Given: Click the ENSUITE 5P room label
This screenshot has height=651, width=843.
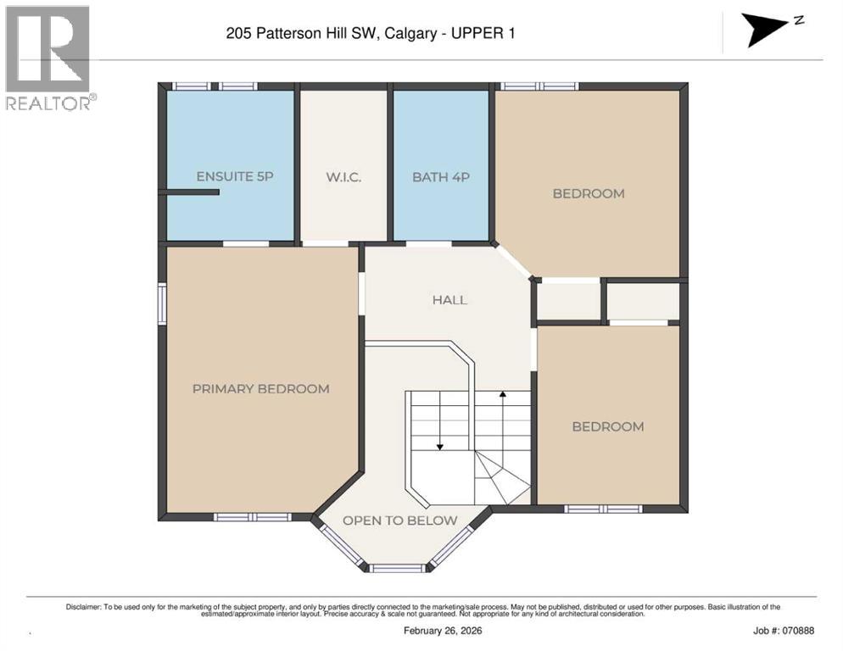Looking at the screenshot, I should tap(234, 176).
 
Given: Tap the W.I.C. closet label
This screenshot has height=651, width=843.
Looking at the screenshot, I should tap(344, 177).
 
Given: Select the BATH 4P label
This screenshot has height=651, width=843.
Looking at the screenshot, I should tap(440, 177).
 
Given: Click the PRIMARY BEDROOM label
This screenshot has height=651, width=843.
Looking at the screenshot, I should tap(260, 389).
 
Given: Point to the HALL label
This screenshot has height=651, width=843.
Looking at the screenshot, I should tap(449, 300).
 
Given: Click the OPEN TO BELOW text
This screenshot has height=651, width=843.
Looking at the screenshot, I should tap(399, 520).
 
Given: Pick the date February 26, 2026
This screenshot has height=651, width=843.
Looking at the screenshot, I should tap(453, 631).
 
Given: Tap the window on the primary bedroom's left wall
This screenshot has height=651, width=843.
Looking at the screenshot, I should tap(161, 303).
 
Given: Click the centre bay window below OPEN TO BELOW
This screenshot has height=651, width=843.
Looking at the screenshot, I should tap(397, 567).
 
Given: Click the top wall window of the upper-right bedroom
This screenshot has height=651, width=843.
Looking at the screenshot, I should tap(538, 86).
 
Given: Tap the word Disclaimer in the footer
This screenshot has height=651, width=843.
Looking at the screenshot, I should tap(82, 607).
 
